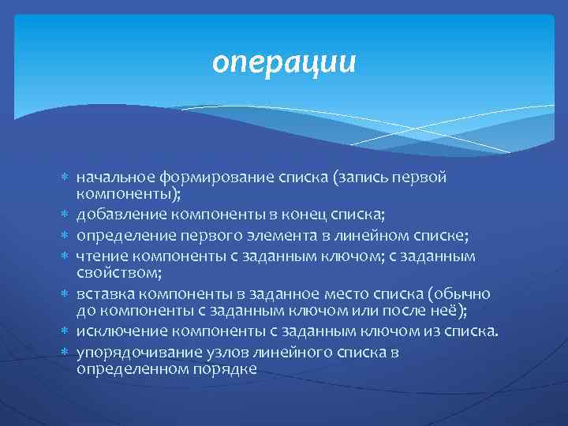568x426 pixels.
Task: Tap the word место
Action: tap(349, 293)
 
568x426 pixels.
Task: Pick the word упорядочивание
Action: tap(129, 352)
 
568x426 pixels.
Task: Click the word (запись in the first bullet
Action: tap(360, 177)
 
